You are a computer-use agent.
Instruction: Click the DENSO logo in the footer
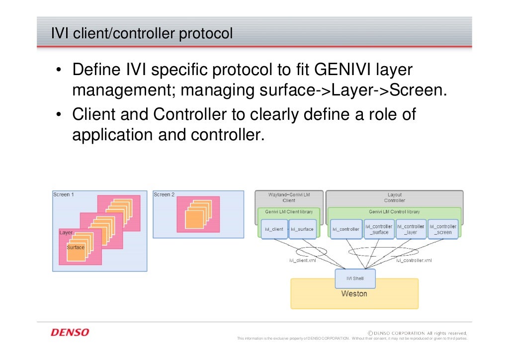tap(70, 332)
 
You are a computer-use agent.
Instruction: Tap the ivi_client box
tap(274, 229)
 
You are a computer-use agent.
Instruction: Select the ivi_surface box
tap(302, 229)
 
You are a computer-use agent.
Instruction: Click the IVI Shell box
tap(355, 278)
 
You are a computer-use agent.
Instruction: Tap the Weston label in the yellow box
tap(354, 294)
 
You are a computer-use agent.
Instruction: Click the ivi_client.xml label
tap(302, 260)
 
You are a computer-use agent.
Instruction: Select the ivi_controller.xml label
tap(414, 260)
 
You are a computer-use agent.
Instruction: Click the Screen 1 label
tap(64, 194)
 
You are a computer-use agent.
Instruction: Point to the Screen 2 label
tap(164, 194)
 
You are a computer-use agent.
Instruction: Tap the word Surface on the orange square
tap(76, 247)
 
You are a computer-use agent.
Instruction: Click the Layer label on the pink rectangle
tap(66, 232)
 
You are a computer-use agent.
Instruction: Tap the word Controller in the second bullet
tap(189, 115)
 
